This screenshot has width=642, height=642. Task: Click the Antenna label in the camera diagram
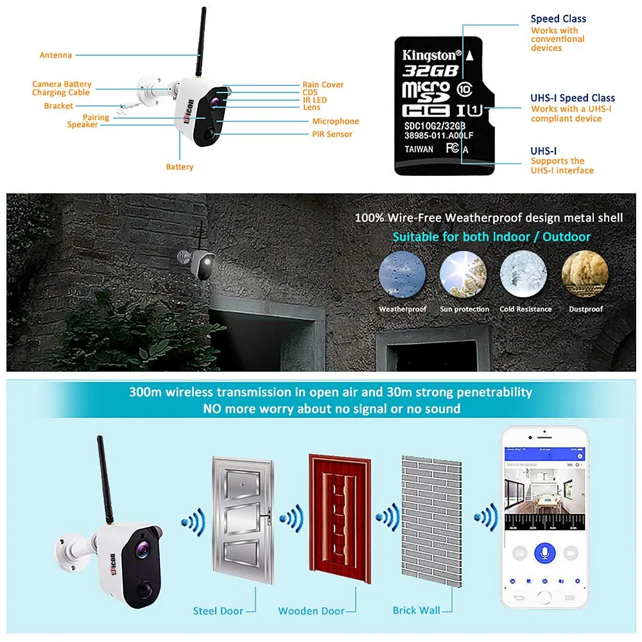pyautogui.click(x=56, y=55)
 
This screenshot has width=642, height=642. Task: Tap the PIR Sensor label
pyautogui.click(x=332, y=134)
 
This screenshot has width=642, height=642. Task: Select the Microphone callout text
pyautogui.click(x=335, y=121)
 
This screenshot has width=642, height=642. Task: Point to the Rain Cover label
pyautogui.click(x=323, y=85)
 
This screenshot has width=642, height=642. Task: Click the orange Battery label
pyautogui.click(x=180, y=167)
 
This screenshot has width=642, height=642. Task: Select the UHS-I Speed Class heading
pyautogui.click(x=573, y=98)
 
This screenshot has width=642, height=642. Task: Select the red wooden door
pyautogui.click(x=334, y=521)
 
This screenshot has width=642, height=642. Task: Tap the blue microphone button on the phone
pyautogui.click(x=544, y=553)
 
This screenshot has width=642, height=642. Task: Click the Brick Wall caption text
pyautogui.click(x=417, y=610)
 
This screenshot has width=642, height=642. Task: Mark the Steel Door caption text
pyautogui.click(x=218, y=611)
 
